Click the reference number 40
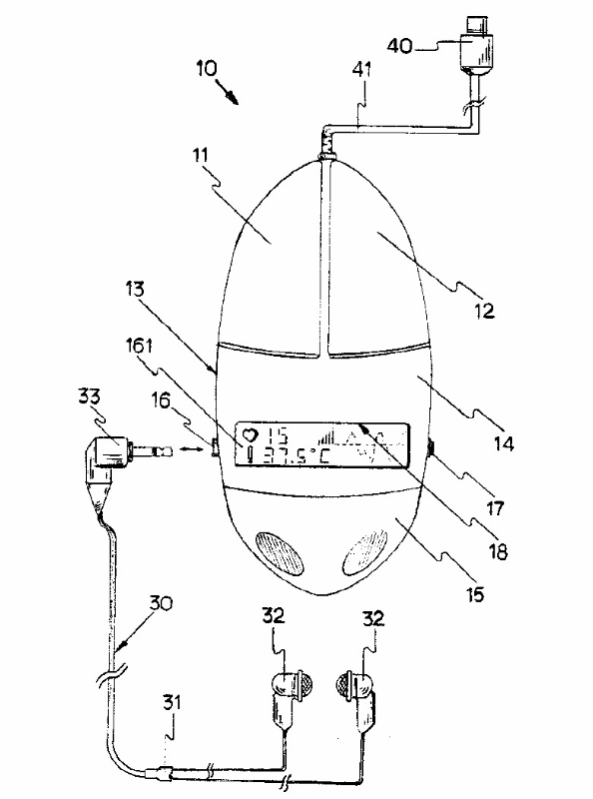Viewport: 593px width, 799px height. point(400,46)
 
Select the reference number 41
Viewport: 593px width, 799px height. point(361,70)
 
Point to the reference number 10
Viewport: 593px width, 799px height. point(207,68)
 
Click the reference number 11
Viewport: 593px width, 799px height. point(201,155)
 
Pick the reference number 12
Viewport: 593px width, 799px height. point(483,310)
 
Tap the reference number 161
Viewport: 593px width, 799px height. point(139,346)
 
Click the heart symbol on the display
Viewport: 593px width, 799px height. point(251,435)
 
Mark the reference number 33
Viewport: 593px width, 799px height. point(90,397)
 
